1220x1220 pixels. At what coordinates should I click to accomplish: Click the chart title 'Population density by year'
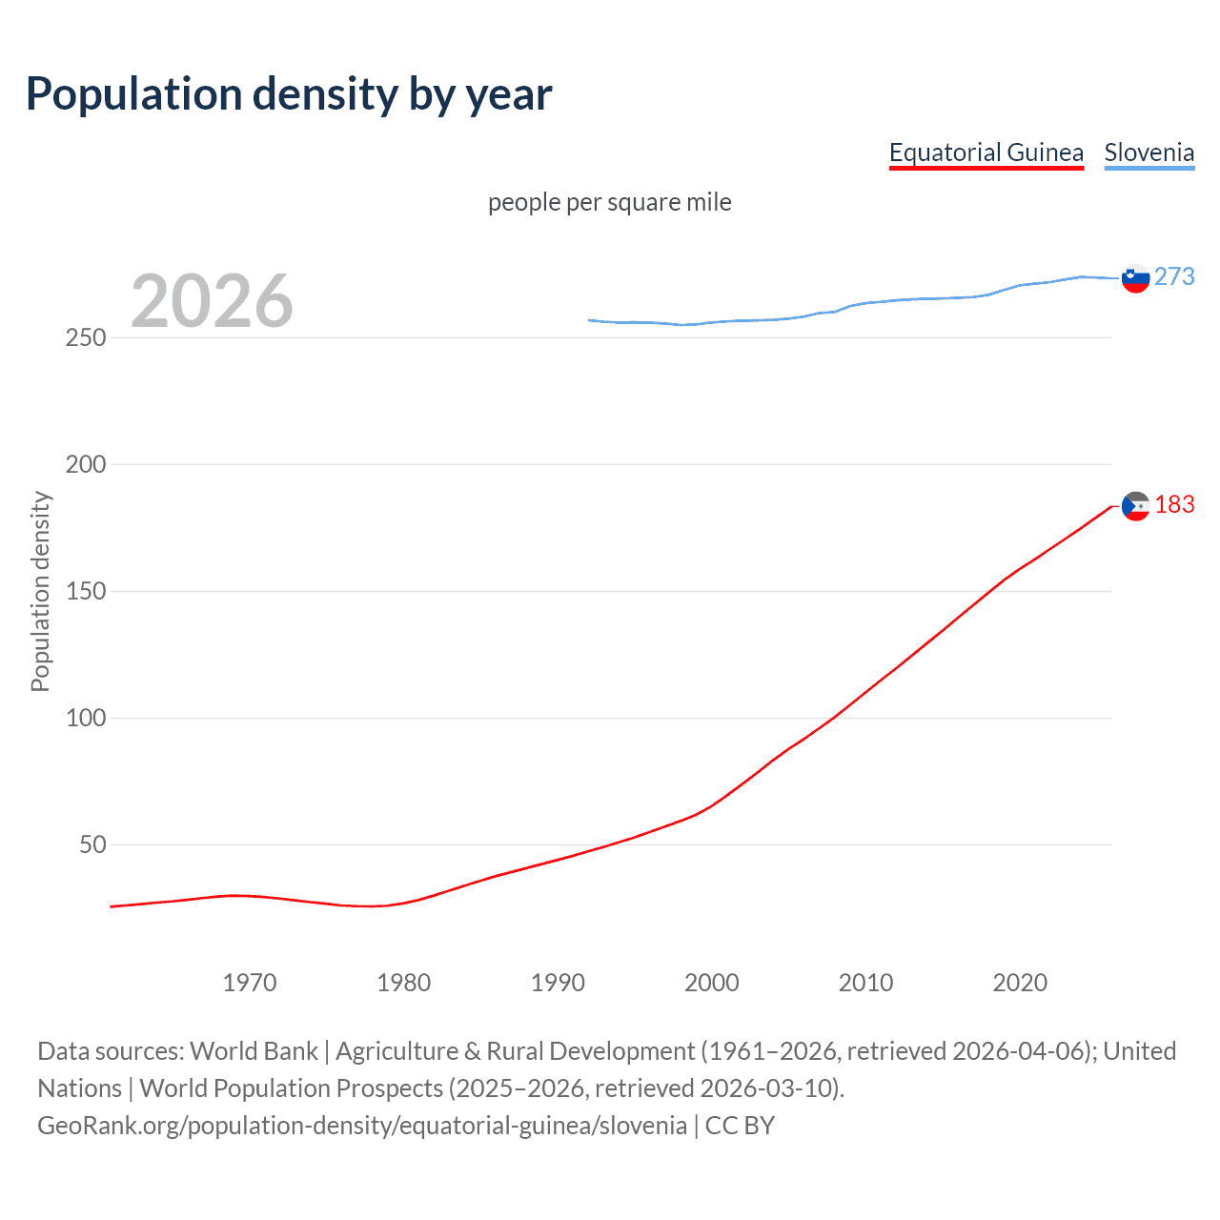point(289,94)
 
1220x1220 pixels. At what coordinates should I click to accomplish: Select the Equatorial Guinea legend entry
point(986,152)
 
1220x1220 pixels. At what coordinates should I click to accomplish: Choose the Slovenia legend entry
point(1149,152)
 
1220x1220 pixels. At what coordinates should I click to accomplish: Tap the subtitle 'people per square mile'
point(609,202)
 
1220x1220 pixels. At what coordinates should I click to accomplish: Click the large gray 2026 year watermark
point(212,301)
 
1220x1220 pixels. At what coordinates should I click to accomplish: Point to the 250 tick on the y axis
point(86,338)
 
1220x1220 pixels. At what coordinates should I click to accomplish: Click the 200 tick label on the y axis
point(86,465)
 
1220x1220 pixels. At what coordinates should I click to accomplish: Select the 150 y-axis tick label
point(86,592)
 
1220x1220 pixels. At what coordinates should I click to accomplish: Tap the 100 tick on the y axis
point(86,719)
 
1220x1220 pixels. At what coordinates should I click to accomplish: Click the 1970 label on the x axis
point(250,983)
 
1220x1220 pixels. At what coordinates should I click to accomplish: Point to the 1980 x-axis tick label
point(403,983)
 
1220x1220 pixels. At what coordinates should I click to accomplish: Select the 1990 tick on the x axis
point(558,983)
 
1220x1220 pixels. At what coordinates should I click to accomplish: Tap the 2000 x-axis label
point(711,983)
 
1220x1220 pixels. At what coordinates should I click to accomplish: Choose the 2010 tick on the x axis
point(865,983)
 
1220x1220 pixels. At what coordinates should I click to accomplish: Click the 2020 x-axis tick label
point(1020,983)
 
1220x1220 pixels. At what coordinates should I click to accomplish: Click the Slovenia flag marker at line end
point(1135,278)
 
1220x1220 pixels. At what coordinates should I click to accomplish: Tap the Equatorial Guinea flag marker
point(1135,506)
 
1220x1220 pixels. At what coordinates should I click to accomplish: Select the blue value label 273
point(1174,276)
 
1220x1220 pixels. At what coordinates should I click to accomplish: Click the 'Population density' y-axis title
point(40,591)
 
